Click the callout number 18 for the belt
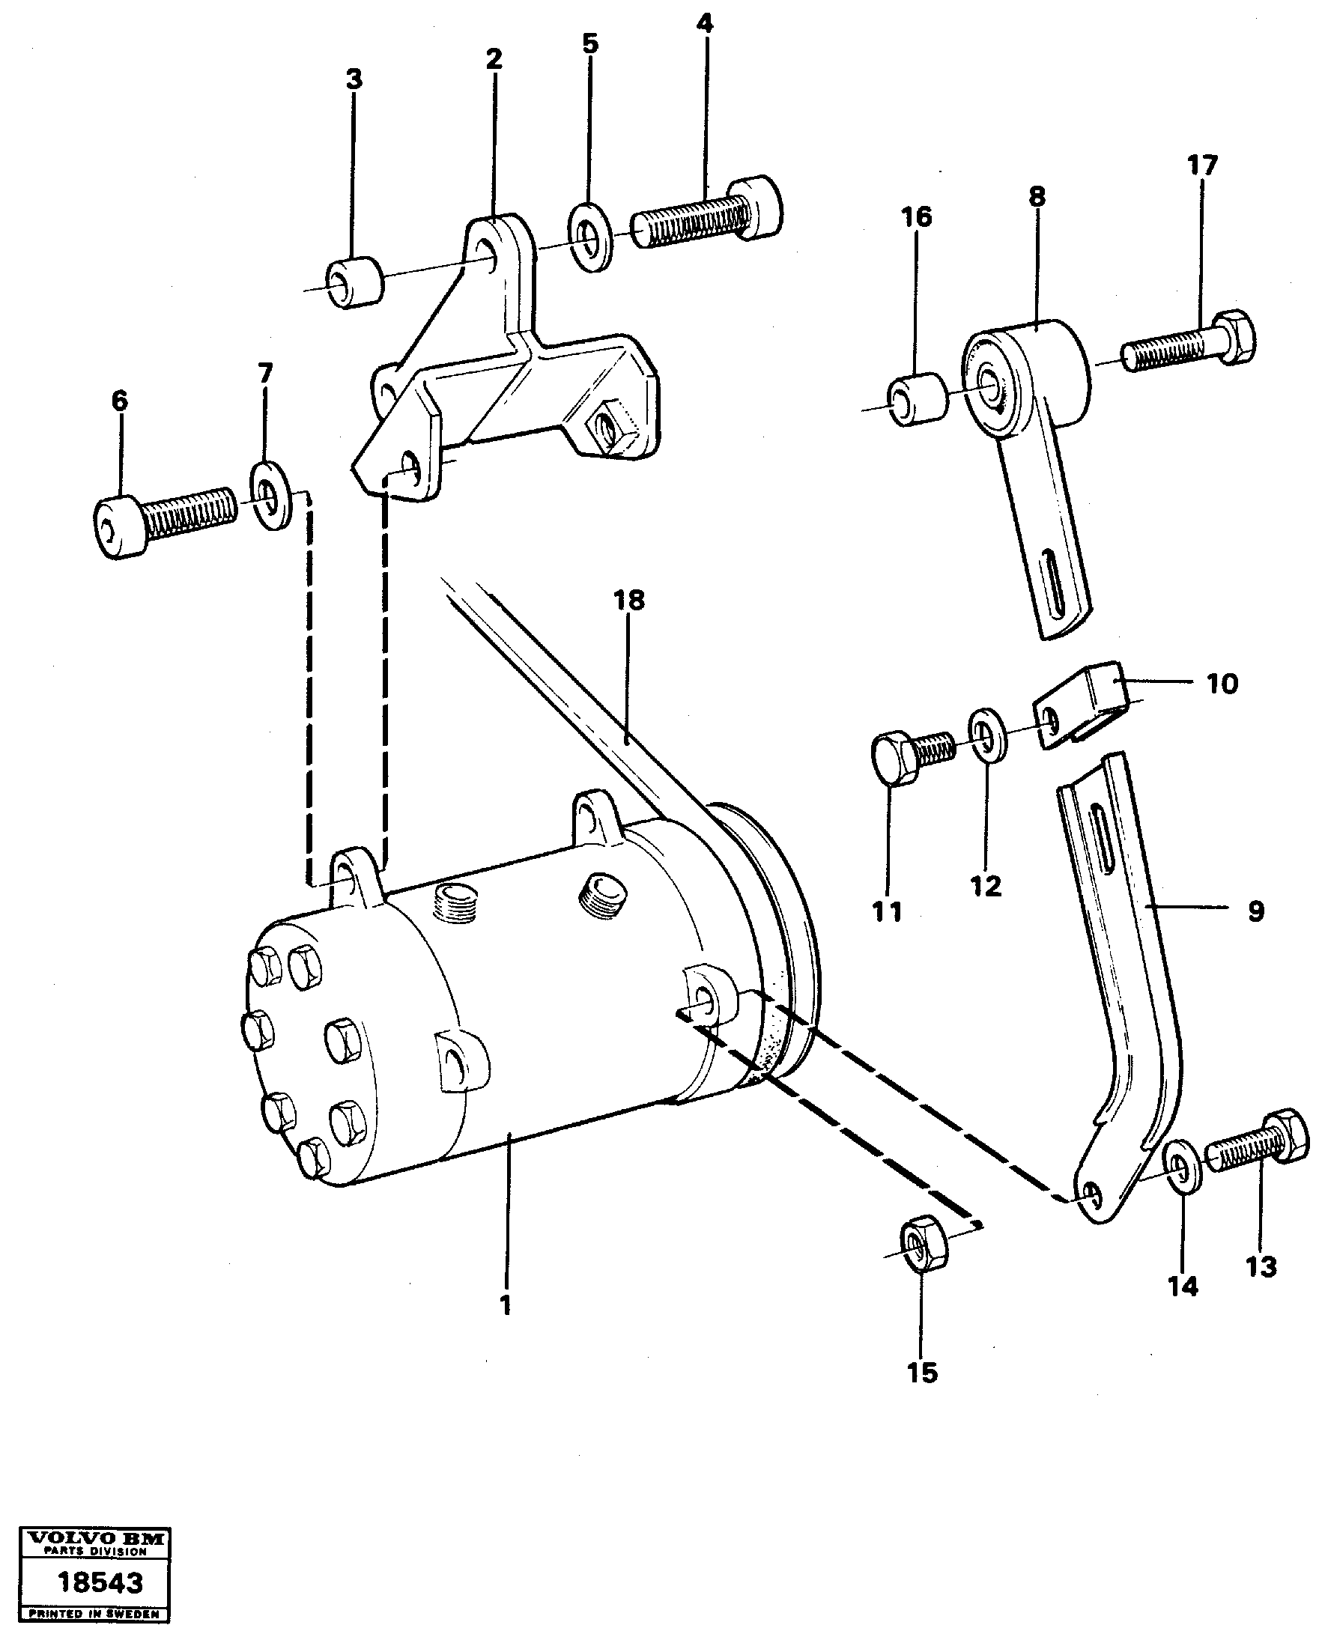[629, 600]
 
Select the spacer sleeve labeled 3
[355, 283]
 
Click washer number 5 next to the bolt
[592, 246]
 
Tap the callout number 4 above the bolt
[704, 23]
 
